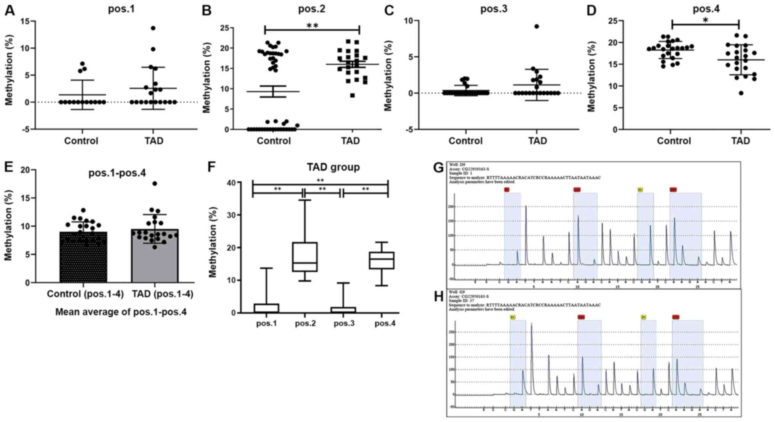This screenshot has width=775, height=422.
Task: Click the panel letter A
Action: pyautogui.click(x=10, y=10)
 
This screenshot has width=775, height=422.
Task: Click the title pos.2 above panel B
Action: pyautogui.click(x=311, y=9)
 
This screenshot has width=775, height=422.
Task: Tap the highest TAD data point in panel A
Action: pyautogui.click(x=153, y=28)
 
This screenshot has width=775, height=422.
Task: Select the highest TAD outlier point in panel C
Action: pyautogui.click(x=537, y=26)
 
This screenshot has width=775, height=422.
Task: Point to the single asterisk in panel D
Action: pyautogui.click(x=705, y=20)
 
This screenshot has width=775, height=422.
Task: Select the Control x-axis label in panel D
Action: pyautogui.click(x=673, y=141)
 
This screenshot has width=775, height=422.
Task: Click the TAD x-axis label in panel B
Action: pyautogui.click(x=350, y=141)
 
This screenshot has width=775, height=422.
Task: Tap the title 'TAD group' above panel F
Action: pyautogui.click(x=333, y=167)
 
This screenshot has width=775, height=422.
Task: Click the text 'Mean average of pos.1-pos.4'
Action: pyautogui.click(x=121, y=312)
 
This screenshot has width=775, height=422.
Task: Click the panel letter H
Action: pyautogui.click(x=438, y=296)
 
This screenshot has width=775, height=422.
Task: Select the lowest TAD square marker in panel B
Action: pyautogui.click(x=352, y=95)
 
